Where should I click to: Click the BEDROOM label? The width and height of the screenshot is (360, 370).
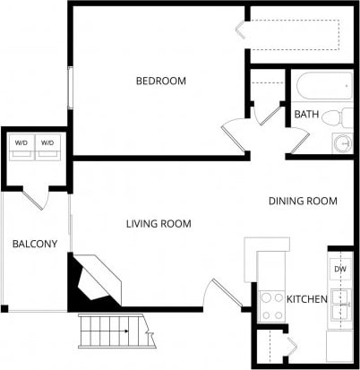(x=160, y=82)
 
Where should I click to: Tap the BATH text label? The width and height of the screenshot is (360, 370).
(x=306, y=114)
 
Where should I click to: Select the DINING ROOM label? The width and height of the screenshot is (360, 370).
(x=303, y=202)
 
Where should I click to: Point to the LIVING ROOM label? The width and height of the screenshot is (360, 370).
(x=158, y=223)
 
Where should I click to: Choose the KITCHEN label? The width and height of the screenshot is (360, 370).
(x=306, y=298)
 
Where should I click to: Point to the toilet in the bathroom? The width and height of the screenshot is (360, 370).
(x=334, y=116)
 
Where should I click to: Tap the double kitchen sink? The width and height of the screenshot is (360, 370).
(x=339, y=306)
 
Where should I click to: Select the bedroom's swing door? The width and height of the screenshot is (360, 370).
(x=235, y=136)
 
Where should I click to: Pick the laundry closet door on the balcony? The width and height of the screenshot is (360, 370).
(x=37, y=198)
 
